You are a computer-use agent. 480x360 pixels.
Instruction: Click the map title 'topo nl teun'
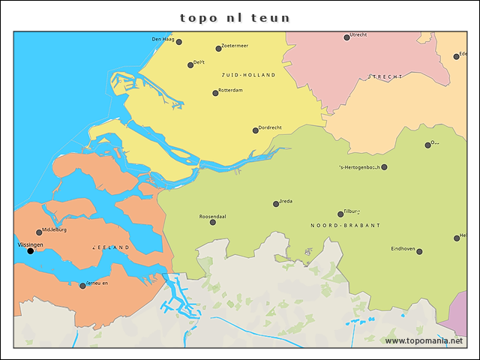[x=235, y=16]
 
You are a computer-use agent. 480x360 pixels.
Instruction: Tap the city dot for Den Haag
[x=178, y=42]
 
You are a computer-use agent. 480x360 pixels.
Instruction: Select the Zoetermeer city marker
[x=218, y=49]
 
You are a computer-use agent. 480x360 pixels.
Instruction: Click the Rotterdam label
[x=230, y=90]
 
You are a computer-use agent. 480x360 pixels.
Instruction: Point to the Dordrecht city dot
[x=255, y=130]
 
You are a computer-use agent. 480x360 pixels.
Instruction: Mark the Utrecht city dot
[x=346, y=37]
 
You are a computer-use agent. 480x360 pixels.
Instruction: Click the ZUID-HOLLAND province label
[x=248, y=75]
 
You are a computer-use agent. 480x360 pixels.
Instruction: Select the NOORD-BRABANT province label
[x=345, y=225]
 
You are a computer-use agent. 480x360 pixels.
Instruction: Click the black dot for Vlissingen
[x=31, y=251]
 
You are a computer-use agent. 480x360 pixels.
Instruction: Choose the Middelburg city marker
[x=39, y=232]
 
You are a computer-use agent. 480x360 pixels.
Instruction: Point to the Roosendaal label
[x=212, y=216]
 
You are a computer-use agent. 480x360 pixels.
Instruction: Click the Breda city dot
[x=276, y=204]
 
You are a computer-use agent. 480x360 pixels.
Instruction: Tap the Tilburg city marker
[x=340, y=214]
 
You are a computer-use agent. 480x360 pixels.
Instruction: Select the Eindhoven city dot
[x=419, y=252]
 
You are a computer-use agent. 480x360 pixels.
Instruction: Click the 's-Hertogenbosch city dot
[x=385, y=167]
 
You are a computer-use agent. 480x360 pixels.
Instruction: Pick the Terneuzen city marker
[x=82, y=286]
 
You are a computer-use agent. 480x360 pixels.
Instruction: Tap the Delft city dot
[x=190, y=65]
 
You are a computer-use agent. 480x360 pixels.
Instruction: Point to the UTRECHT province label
[x=385, y=76]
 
